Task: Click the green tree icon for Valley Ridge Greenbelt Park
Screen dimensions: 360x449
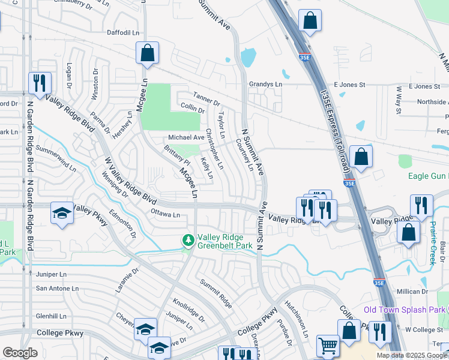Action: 188,240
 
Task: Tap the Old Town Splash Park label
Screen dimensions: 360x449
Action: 405,310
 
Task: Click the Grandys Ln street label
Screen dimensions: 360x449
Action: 265,85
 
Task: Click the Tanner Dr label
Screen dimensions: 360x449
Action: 206,95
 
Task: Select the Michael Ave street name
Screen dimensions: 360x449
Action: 185,137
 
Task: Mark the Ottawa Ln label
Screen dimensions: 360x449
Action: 165,214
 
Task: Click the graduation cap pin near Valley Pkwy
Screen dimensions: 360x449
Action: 62,213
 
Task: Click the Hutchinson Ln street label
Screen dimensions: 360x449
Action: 297,318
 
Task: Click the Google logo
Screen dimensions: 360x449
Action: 20,353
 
